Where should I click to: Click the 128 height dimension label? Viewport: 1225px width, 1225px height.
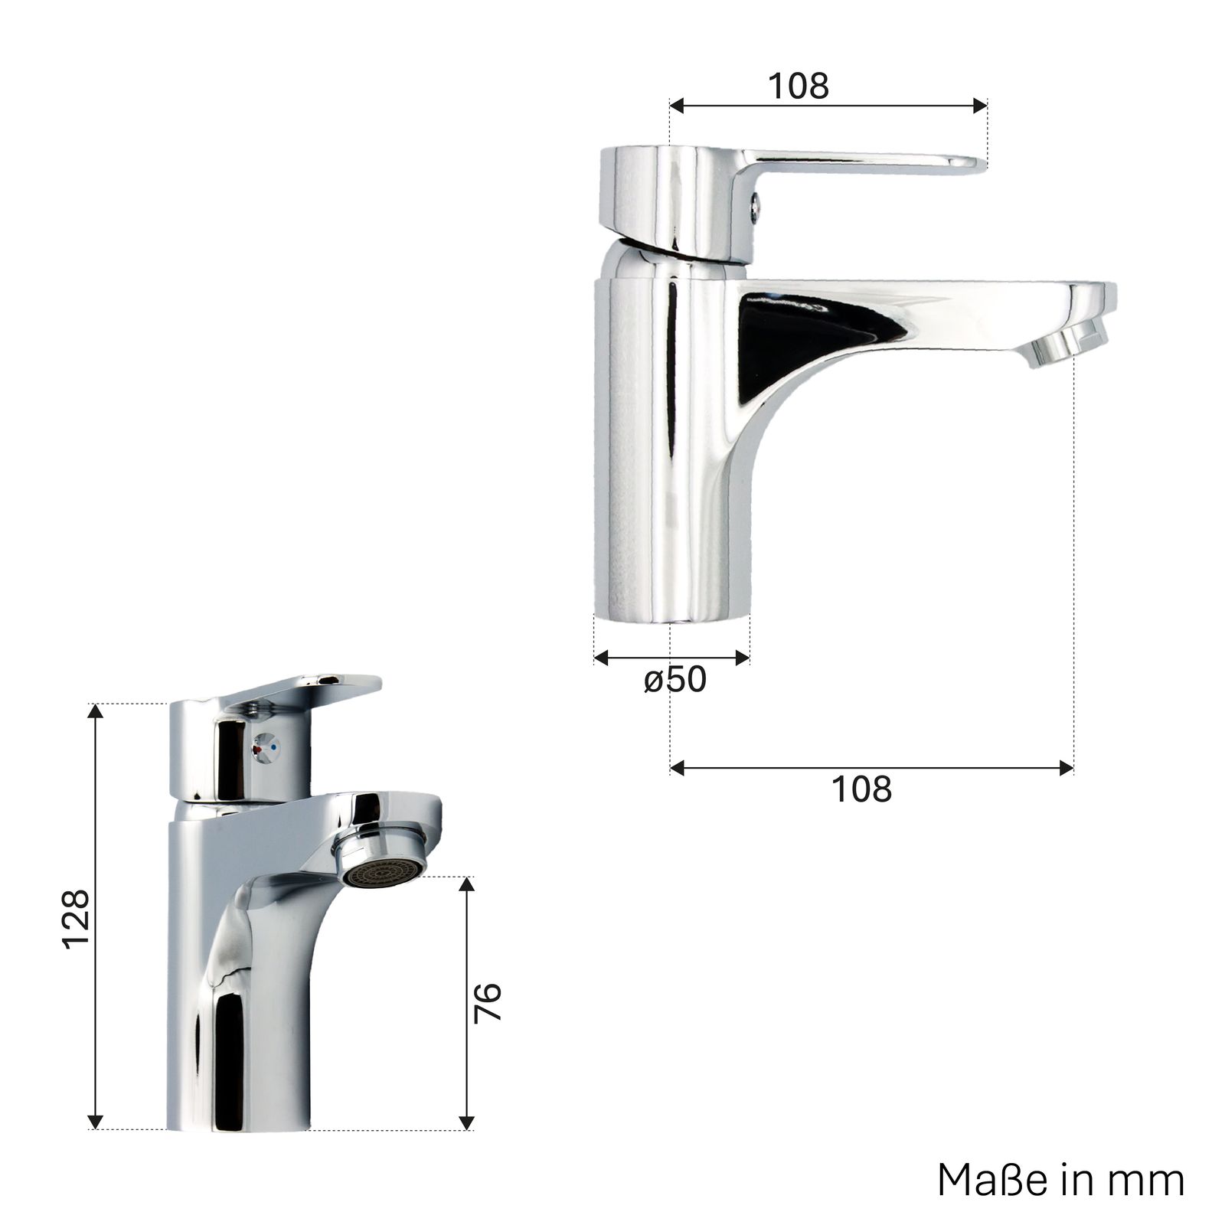77,920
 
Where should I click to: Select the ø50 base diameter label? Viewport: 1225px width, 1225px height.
675,679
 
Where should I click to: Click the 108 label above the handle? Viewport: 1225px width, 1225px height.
799,86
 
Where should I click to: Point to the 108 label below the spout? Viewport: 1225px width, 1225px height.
861,789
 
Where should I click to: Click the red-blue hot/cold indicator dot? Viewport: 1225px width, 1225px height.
267,744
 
